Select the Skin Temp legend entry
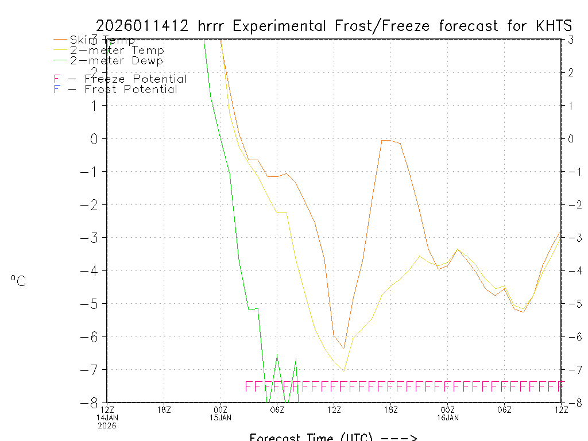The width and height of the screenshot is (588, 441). (x=102, y=40)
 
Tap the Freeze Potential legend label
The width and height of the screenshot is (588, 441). (x=136, y=79)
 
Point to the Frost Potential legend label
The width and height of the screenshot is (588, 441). (x=131, y=89)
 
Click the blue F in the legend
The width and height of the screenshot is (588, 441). (x=56, y=89)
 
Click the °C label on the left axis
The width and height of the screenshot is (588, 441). (x=18, y=281)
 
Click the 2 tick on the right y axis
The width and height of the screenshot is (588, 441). (x=571, y=72)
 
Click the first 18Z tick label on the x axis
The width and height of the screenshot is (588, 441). (x=164, y=409)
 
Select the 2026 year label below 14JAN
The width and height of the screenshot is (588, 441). (x=107, y=425)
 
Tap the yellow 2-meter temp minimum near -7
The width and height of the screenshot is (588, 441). (x=343, y=371)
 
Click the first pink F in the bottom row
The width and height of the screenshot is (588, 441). (x=249, y=386)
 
